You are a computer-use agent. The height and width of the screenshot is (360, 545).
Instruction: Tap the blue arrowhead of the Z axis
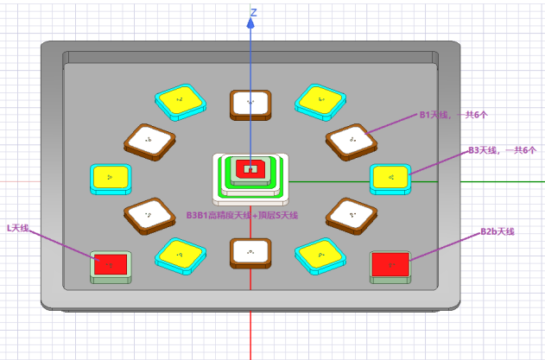click(x=250, y=23)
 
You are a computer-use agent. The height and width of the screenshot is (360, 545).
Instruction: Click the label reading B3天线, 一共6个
click(x=502, y=150)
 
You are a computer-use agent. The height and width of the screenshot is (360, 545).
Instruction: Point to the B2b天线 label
click(x=497, y=231)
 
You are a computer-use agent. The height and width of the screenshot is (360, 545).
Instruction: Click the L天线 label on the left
click(x=18, y=227)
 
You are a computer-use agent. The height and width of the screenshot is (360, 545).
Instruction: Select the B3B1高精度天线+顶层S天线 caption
click(x=242, y=215)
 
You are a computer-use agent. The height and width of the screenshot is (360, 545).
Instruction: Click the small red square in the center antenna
click(x=250, y=167)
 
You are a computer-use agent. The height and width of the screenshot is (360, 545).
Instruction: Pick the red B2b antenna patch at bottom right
click(x=390, y=264)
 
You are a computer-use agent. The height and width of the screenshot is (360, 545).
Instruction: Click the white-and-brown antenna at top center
click(x=250, y=103)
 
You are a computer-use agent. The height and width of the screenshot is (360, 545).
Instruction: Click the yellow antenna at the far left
click(x=111, y=178)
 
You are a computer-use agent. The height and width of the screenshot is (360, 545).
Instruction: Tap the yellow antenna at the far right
click(x=390, y=178)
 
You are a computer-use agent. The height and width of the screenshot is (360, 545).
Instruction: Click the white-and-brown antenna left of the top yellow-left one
click(x=149, y=140)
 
